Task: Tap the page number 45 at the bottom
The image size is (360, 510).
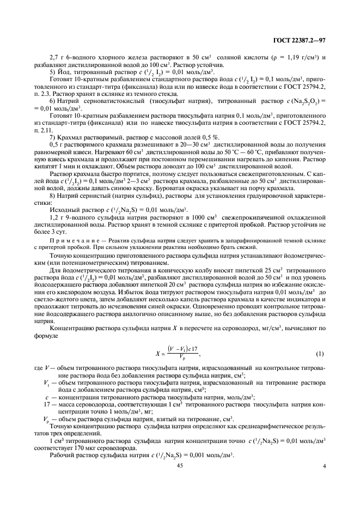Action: pyautogui.click(x=180, y=466)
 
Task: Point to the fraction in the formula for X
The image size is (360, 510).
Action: pyautogui.click(x=181, y=355)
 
